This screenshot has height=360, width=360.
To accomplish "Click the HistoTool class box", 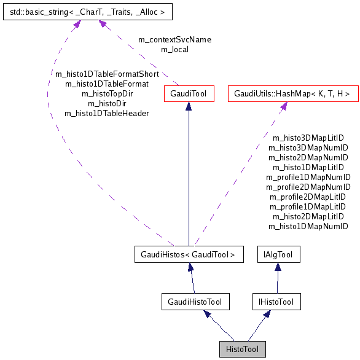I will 243,350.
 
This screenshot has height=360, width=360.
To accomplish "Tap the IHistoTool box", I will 276,302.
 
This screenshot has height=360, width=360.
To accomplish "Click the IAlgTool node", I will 278,254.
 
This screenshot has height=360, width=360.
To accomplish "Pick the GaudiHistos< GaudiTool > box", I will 189,254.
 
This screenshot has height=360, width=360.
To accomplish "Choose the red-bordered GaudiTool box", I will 189,94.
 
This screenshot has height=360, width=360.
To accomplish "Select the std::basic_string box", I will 87,11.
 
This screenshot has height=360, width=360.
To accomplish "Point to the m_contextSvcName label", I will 174,39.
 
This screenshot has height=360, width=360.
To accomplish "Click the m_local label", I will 174,49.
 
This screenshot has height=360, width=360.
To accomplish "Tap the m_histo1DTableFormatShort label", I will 107,74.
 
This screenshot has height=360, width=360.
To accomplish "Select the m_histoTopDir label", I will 107,93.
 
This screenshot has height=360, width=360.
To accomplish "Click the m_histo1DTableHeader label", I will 107,113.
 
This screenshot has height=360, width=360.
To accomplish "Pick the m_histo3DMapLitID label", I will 308,138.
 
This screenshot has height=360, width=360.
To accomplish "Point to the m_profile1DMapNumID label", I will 308,177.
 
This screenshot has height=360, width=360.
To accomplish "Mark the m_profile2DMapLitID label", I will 308,197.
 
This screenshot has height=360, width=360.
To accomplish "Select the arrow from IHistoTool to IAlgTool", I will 278,280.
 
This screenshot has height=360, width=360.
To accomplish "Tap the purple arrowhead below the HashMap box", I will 283,107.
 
